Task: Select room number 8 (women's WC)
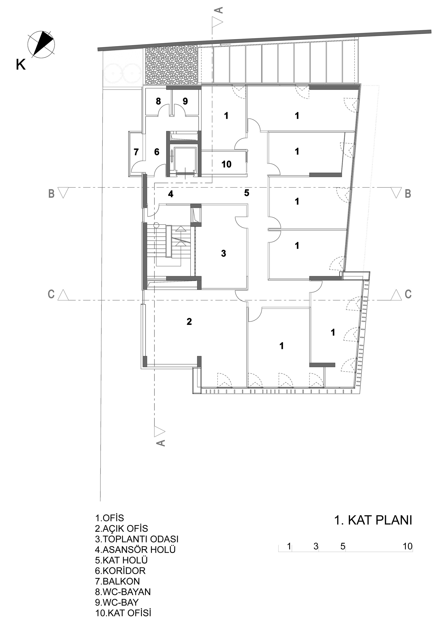pos(158,101)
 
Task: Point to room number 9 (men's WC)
pos(185,101)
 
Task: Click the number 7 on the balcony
pos(136,152)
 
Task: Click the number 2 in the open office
pos(189,321)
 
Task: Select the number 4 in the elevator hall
pos(170,194)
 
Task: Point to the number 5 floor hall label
pos(247,193)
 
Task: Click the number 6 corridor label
pos(157,152)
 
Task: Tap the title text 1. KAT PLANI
pos(373,520)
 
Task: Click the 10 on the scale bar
pos(407,546)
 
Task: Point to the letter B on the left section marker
pos(51,194)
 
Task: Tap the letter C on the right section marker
pos(408,294)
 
